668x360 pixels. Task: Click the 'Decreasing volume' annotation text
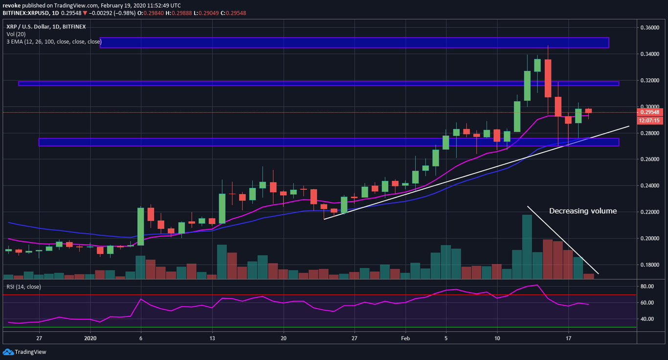[x=582, y=211]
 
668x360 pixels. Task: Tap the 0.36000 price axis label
[x=651, y=28]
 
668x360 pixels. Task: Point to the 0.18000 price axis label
[x=651, y=265]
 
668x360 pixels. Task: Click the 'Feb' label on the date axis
[x=405, y=337]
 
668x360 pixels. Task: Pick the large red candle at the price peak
[x=548, y=78]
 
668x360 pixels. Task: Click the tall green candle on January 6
[x=140, y=226]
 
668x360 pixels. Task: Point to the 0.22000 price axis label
[x=651, y=212]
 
